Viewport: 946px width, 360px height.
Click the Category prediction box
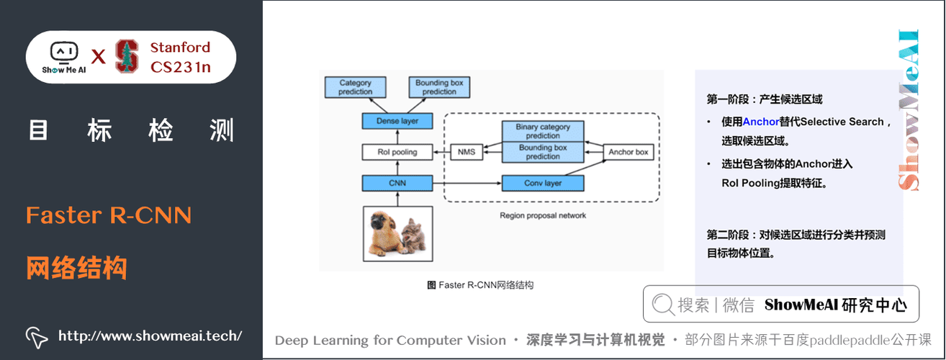(356, 87)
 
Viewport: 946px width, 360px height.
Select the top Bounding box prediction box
(439, 87)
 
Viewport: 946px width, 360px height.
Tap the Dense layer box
(397, 121)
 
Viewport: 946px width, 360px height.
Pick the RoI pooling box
(397, 152)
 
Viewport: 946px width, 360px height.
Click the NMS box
(467, 152)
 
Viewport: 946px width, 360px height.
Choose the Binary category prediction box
(543, 131)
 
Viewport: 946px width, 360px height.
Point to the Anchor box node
(628, 152)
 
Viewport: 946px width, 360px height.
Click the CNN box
(397, 183)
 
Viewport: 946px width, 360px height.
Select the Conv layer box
(543, 183)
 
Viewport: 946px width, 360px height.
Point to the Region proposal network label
(543, 215)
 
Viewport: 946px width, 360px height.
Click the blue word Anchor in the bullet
(761, 122)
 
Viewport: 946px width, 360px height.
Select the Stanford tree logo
(127, 56)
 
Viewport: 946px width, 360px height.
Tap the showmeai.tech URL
(150, 336)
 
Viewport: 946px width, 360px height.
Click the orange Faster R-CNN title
(108, 215)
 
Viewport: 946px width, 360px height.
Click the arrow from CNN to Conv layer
(467, 183)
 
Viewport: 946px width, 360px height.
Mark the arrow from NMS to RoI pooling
(441, 152)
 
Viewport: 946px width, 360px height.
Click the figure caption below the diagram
(480, 285)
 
